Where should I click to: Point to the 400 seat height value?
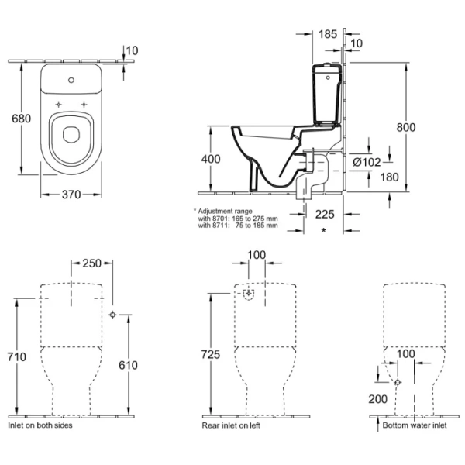(210, 159)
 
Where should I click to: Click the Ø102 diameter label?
(367, 163)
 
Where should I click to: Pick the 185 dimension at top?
(327, 34)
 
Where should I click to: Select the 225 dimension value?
(324, 215)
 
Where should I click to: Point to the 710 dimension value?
(17, 357)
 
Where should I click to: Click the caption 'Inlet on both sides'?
(40, 426)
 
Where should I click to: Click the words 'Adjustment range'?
(225, 211)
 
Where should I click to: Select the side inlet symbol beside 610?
(113, 315)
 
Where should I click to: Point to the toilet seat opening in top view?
(70, 133)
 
